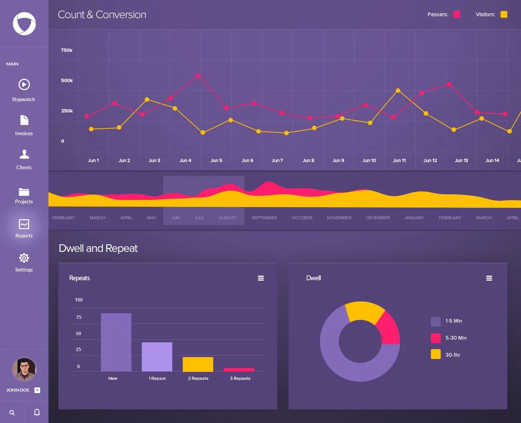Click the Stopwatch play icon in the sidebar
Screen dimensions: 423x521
pos(24,84)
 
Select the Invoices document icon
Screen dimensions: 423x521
pos(24,120)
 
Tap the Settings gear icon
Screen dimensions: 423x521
pos(24,258)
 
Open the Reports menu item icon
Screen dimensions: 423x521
pos(24,224)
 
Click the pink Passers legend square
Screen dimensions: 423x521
pos(457,14)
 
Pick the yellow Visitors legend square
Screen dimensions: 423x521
pos(504,14)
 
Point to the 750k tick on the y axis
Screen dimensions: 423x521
pos(67,50)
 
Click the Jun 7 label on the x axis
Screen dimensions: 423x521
pos(277,161)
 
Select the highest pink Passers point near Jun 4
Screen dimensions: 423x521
pos(198,75)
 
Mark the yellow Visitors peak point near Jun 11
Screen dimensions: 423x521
pos(398,91)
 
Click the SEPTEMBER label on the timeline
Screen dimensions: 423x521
pos(264,218)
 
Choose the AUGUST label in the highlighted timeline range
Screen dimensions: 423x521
pos(228,218)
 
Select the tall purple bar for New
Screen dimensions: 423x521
pos(116,342)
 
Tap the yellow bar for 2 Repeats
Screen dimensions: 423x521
pos(198,364)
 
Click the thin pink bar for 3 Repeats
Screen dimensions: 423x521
pos(239,370)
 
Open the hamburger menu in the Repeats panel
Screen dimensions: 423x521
pos(261,278)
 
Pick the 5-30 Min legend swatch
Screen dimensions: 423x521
pos(436,338)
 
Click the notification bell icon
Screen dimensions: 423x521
pos(37,412)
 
